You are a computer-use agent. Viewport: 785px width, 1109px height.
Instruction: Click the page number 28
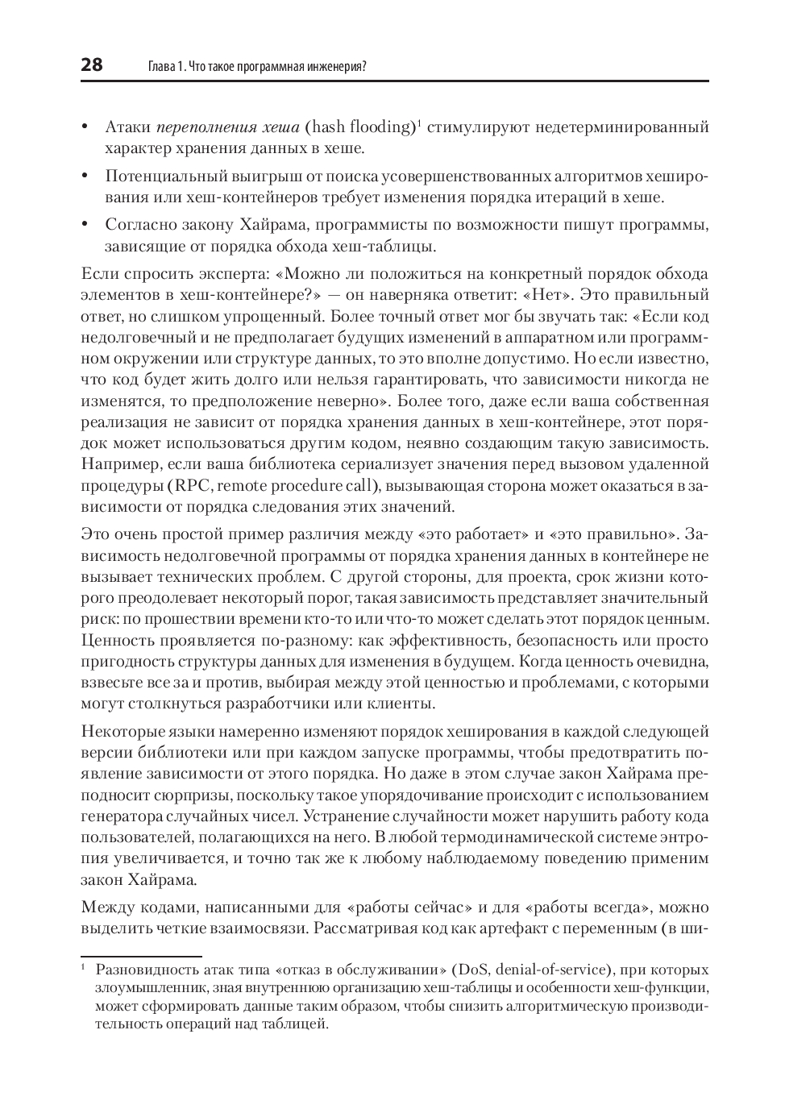pos(92,65)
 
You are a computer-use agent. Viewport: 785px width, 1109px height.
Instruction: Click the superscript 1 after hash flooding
pos(420,123)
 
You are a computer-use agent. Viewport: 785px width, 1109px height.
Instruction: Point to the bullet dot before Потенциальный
pos(85,176)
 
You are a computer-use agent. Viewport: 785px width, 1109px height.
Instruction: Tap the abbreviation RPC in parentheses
pos(193,486)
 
